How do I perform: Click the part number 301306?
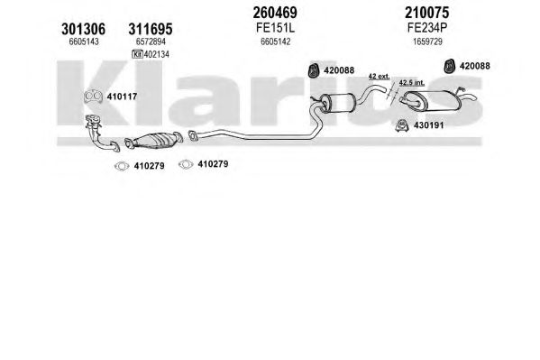[83, 29]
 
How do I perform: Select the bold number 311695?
[151, 29]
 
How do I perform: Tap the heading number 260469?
[275, 13]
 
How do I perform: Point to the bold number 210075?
[427, 13]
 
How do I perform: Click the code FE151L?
[275, 28]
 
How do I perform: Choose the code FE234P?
[427, 28]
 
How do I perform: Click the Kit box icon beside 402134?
[137, 54]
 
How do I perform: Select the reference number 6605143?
[84, 42]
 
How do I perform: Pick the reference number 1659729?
[427, 42]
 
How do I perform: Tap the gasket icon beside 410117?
[93, 97]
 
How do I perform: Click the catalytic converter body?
[154, 141]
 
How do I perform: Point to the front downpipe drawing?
[101, 134]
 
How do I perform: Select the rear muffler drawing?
[434, 101]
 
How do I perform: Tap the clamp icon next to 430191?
[402, 125]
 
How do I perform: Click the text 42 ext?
[379, 76]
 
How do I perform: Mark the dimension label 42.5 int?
[412, 83]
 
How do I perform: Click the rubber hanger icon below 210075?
[449, 66]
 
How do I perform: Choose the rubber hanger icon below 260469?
[313, 70]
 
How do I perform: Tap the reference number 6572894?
[151, 42]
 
